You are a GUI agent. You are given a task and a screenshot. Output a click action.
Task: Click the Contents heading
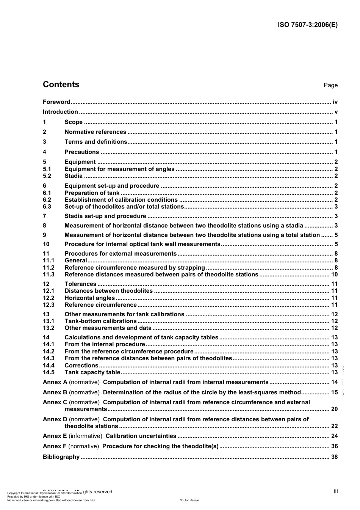click(61, 85)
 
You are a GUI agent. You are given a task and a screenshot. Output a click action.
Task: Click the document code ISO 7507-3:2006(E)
click(307, 25)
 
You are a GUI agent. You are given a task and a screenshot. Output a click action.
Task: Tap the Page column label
click(330, 85)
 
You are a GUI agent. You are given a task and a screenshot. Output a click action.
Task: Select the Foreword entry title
click(56, 102)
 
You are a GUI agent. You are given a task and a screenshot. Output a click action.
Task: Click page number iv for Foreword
click(335, 102)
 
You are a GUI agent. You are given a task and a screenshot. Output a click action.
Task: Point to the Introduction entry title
click(60, 112)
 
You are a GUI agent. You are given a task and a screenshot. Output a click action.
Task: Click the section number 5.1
click(47, 169)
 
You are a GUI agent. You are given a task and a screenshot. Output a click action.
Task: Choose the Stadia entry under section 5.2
click(74, 176)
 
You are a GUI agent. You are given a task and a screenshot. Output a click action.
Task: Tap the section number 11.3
click(49, 275)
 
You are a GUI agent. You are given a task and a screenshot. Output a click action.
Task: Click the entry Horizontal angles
click(89, 298)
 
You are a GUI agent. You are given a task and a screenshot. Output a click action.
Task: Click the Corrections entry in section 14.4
click(81, 366)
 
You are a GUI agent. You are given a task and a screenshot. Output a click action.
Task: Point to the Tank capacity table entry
click(92, 372)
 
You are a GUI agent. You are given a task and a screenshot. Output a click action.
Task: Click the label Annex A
click(55, 382)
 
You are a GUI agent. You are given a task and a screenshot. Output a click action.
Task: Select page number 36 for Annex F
click(334, 446)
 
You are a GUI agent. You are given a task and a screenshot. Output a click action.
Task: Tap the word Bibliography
click(61, 457)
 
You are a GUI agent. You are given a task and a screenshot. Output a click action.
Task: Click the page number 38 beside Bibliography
click(334, 457)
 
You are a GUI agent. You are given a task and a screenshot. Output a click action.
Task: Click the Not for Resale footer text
click(189, 500)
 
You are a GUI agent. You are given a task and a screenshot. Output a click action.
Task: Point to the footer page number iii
click(336, 491)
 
